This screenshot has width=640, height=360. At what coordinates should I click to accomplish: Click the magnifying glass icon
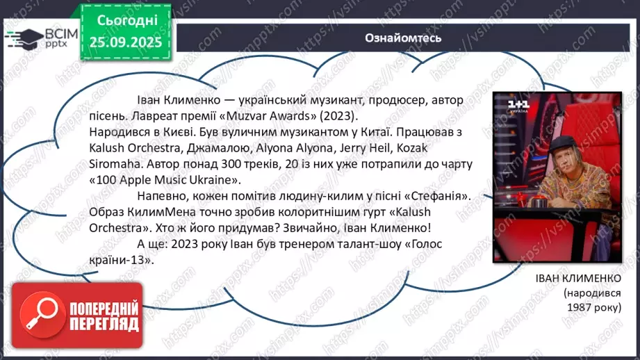(x=38, y=316)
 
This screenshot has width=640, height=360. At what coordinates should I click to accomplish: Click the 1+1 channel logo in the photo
(x=518, y=105)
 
